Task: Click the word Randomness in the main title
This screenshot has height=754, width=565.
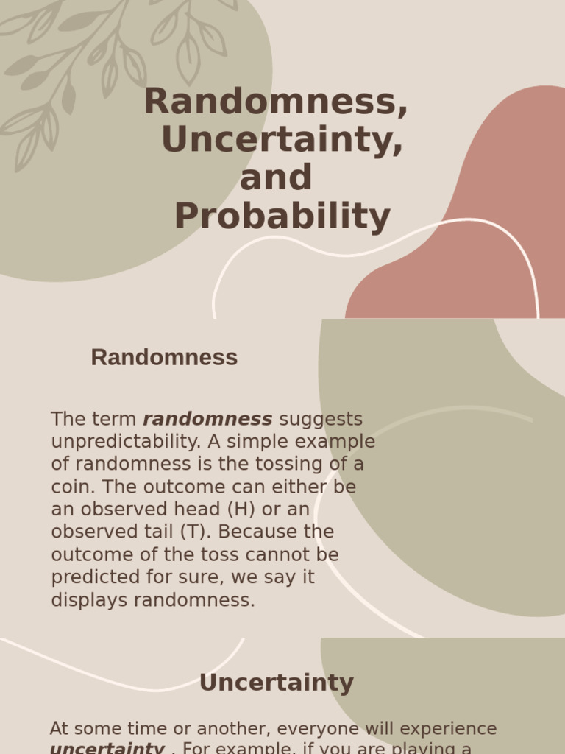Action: pyautogui.click(x=275, y=102)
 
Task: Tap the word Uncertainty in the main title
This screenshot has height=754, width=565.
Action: pyautogui.click(x=282, y=140)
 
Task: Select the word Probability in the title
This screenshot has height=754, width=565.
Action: pyautogui.click(x=282, y=216)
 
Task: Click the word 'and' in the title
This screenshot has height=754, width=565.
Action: pyautogui.click(x=276, y=178)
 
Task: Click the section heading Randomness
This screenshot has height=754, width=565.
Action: pyautogui.click(x=164, y=358)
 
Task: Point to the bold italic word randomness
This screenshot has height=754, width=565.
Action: pyautogui.click(x=207, y=420)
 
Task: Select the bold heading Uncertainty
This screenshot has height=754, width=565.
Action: pyautogui.click(x=276, y=683)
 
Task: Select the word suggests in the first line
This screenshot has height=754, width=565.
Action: pyautogui.click(x=321, y=420)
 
